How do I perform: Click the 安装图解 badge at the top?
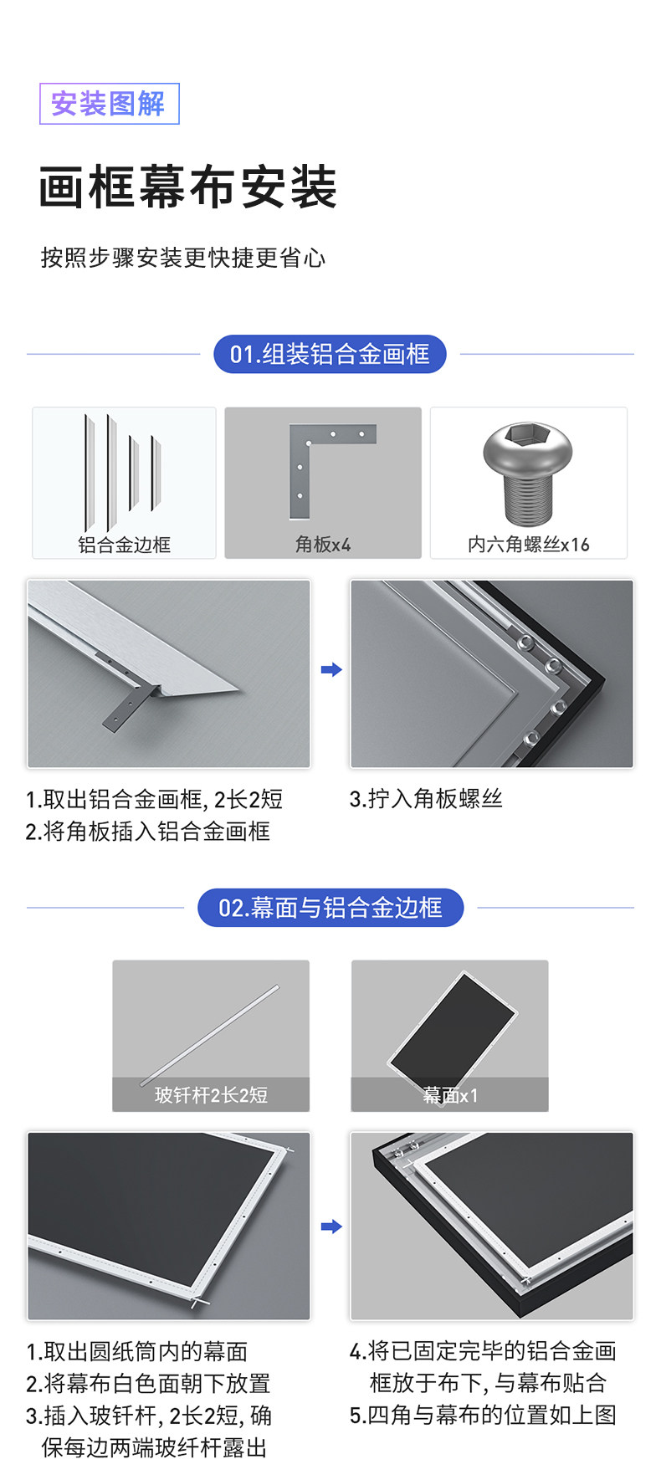[x=109, y=104]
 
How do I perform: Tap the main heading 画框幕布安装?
[x=188, y=187]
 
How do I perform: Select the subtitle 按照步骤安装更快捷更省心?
[x=183, y=258]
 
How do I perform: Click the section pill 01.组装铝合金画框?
[x=330, y=354]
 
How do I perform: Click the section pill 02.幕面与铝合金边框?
[x=330, y=908]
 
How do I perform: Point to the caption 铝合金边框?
[x=125, y=545]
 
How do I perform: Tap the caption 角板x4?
[x=323, y=545]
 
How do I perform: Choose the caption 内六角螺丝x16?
[x=529, y=545]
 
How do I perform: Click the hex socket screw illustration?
[x=528, y=474]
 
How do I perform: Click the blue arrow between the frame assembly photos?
[x=331, y=669]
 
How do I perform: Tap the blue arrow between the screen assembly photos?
[x=331, y=1227]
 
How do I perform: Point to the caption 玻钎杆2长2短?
[x=211, y=1095]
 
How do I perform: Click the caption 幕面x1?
[x=450, y=1095]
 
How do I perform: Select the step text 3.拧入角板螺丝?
[x=426, y=799]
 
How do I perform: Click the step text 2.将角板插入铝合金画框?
[x=148, y=832]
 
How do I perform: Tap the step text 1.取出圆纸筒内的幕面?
[x=137, y=1352]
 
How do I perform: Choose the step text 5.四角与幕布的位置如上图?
[x=483, y=1415]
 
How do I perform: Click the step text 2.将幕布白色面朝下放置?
[x=148, y=1384]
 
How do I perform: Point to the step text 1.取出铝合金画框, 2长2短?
[x=154, y=800]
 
